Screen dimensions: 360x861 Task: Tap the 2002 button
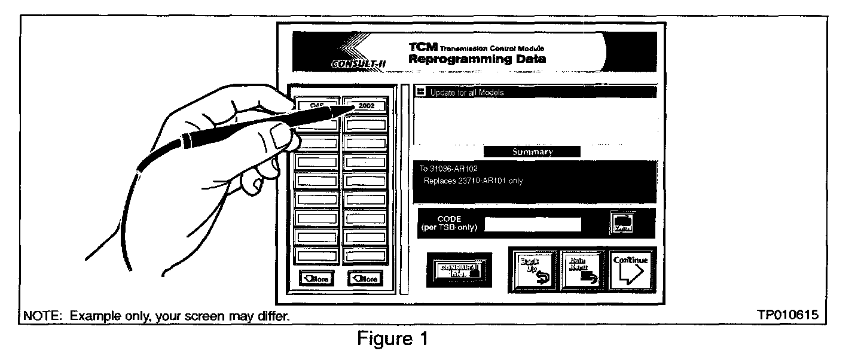click(367, 106)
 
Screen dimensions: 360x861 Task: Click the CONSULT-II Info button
click(459, 271)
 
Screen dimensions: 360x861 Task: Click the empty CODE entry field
click(533, 224)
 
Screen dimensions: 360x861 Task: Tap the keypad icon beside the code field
click(622, 224)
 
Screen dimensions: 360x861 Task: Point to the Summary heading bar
click(532, 152)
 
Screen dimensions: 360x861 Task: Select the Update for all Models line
click(467, 92)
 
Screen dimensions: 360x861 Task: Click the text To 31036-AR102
click(448, 169)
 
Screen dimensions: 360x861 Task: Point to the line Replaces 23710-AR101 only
click(472, 181)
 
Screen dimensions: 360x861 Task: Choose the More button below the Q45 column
click(316, 279)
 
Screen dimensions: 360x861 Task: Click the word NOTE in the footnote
click(38, 315)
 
